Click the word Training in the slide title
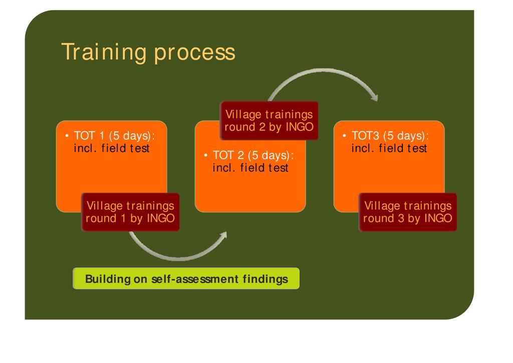pos(103,52)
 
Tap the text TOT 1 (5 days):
pos(114,136)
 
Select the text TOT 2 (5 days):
pos(253,155)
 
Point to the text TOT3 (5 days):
pos(390,136)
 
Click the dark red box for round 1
pos(130,212)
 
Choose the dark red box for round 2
pos(269,121)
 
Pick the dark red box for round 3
pos(408,212)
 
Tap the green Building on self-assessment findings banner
pos(186,279)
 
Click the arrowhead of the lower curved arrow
pos(224,235)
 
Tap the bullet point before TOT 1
pos(67,135)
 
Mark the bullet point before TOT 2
pos(205,155)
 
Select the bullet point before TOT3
pos(344,135)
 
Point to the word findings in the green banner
pos(266,279)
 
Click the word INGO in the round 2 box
pos(300,127)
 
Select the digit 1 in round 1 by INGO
pos(123,218)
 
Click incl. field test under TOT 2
pos(250,168)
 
